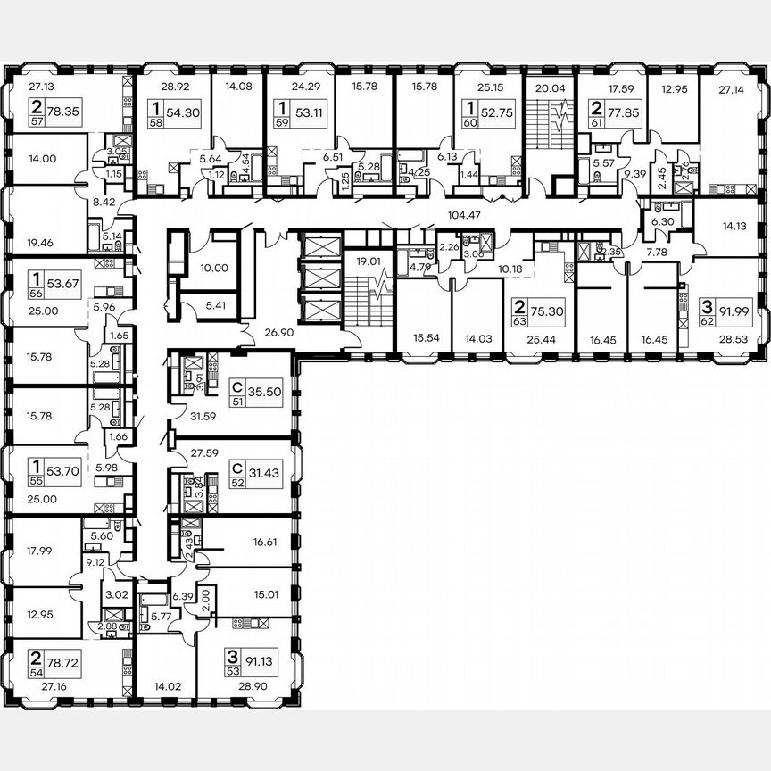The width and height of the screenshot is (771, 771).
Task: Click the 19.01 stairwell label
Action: (361, 262)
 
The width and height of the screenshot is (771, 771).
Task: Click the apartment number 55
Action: (35, 479)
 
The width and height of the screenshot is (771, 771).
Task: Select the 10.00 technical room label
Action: (216, 268)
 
